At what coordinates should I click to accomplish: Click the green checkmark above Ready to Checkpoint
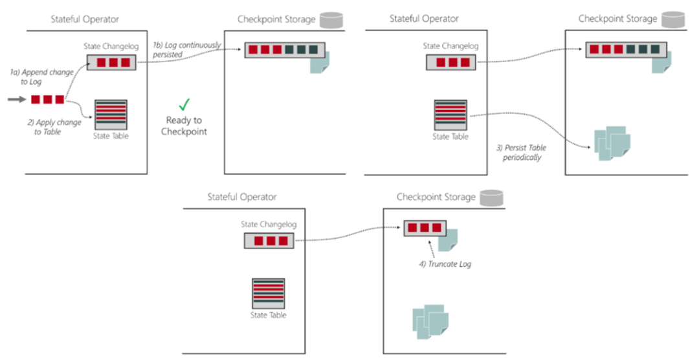click(x=184, y=104)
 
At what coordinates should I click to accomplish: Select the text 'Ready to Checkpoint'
click(x=184, y=126)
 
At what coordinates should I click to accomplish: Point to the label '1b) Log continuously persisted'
click(x=186, y=50)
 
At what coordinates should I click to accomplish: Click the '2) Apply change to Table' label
click(x=54, y=126)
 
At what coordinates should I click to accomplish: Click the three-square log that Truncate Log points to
click(x=423, y=228)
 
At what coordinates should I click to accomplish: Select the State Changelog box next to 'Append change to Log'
click(x=111, y=62)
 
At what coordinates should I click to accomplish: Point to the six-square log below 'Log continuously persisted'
click(x=283, y=50)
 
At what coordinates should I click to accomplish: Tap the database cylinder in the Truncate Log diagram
click(x=493, y=196)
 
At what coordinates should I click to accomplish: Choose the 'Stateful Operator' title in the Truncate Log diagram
click(x=241, y=196)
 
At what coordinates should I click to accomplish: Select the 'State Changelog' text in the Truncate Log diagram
click(x=269, y=224)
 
